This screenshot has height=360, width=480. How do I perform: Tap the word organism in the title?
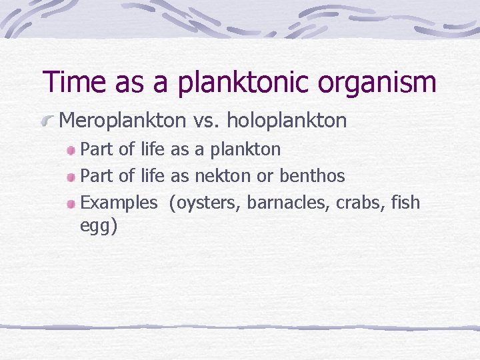point(375,82)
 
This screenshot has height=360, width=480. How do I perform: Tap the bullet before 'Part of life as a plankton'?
point(71,151)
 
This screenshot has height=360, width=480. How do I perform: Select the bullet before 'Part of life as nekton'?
point(71,178)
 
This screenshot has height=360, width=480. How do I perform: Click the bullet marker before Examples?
point(71,204)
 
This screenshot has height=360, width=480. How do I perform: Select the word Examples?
point(119,203)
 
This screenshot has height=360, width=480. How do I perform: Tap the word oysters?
point(205,203)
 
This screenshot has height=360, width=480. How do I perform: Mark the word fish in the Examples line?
point(406,203)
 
